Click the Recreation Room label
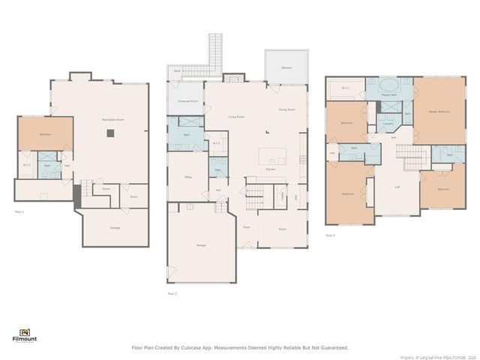[112, 120]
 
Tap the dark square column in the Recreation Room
[109, 133]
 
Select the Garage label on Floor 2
[201, 245]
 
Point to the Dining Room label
[286, 109]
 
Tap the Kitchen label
[271, 170]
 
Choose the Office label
[189, 177]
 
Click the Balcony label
[286, 67]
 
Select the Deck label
[177, 70]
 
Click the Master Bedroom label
[439, 112]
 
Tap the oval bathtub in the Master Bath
[388, 85]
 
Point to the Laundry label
[388, 124]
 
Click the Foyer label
[246, 226]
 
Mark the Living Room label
[238, 117]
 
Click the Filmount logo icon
[24, 331]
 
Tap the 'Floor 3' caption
[330, 235]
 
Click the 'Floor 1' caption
[19, 212]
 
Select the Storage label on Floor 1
[115, 227]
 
